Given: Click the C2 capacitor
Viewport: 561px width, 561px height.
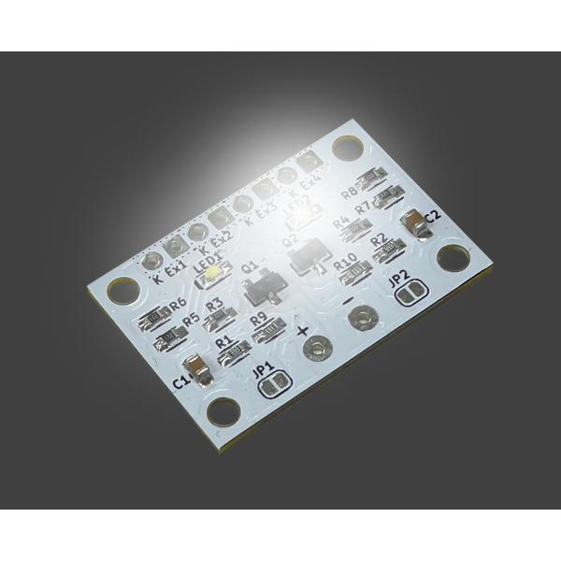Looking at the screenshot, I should [411, 223].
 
